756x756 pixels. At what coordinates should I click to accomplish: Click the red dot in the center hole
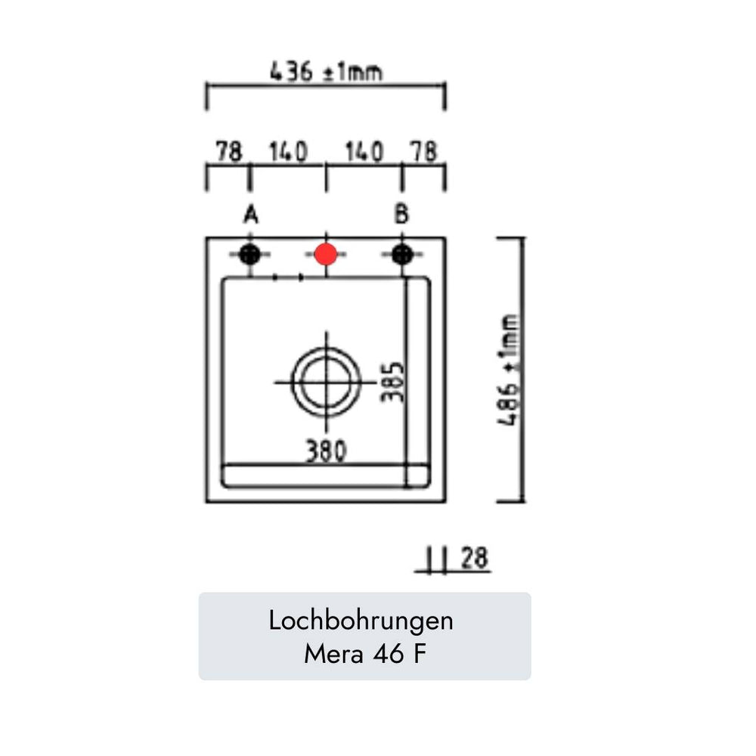click(326, 254)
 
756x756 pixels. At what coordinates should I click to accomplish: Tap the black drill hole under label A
click(249, 254)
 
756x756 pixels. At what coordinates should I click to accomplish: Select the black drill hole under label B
click(402, 254)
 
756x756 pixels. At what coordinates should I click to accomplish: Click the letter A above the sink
click(251, 215)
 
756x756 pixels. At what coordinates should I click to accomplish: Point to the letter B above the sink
click(401, 214)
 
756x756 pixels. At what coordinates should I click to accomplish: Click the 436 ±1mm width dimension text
click(326, 71)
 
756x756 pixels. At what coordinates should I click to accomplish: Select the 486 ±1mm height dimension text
click(509, 370)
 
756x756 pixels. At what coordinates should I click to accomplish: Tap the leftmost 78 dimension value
click(228, 151)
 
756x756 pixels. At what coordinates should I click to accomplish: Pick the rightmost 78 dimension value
click(424, 151)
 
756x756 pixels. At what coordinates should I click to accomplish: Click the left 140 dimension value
click(288, 151)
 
